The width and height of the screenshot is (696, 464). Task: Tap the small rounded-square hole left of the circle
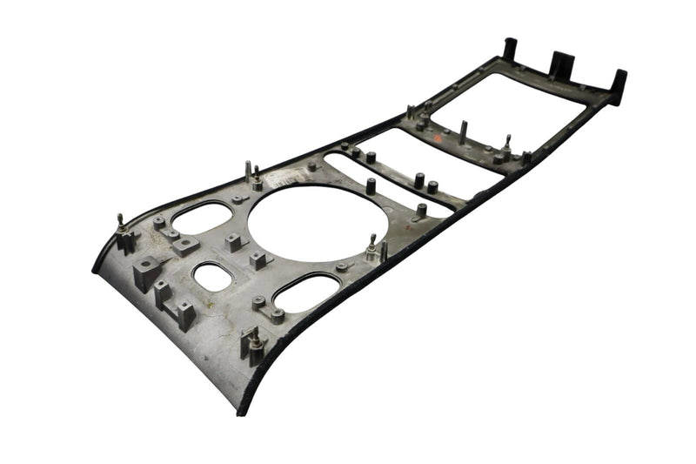click(x=210, y=277)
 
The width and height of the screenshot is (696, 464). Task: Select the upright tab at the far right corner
click(x=619, y=85)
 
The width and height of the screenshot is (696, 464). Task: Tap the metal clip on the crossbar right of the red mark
click(x=505, y=146)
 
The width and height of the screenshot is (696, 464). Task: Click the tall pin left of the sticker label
click(x=250, y=172)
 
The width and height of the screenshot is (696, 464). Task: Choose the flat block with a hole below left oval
click(x=185, y=245)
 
